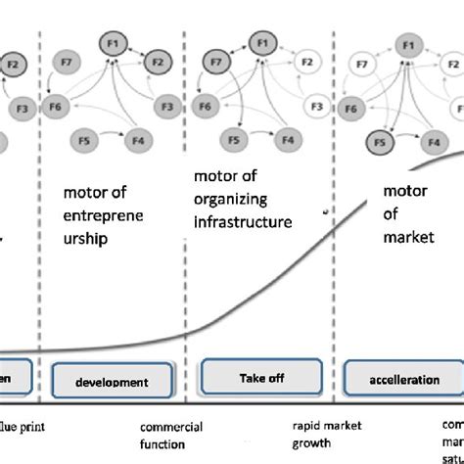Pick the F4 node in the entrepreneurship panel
(x=138, y=141)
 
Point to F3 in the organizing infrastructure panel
(x=315, y=106)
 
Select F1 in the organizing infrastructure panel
(x=261, y=43)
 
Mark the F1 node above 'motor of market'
(x=407, y=43)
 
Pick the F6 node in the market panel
(x=352, y=107)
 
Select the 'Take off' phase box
(x=260, y=376)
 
